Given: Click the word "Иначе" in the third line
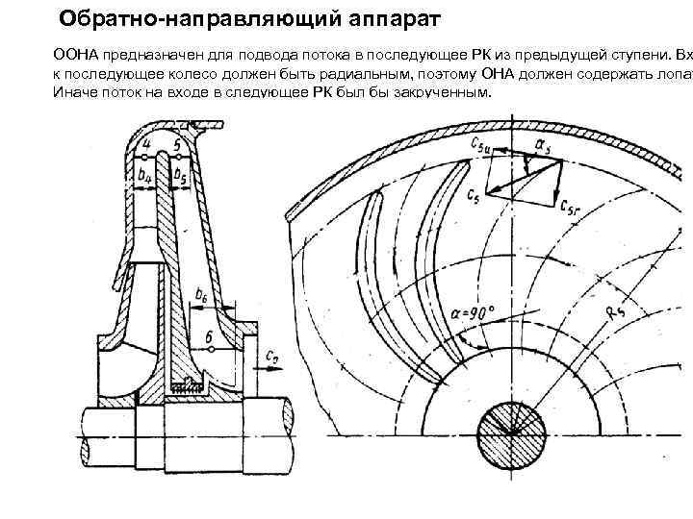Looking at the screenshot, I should (x=73, y=91).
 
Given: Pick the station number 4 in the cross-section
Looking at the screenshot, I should (x=145, y=146).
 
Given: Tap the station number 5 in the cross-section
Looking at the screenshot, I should (x=177, y=146).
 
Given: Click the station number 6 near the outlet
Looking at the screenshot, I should (x=210, y=337).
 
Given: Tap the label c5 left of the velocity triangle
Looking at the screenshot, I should (x=472, y=195).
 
